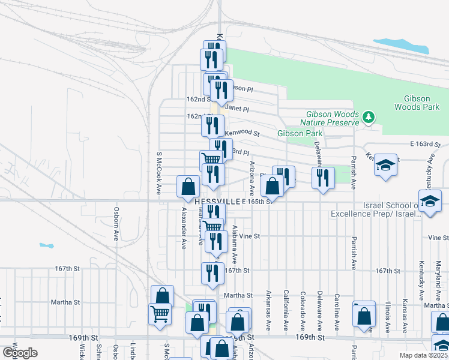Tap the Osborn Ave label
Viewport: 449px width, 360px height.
pos(116,224)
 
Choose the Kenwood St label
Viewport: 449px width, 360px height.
pos(242,133)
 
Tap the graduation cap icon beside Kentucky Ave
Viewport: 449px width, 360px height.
pos(385,166)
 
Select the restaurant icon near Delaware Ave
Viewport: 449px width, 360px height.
pos(323,178)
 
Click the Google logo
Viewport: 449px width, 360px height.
pos(20,353)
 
